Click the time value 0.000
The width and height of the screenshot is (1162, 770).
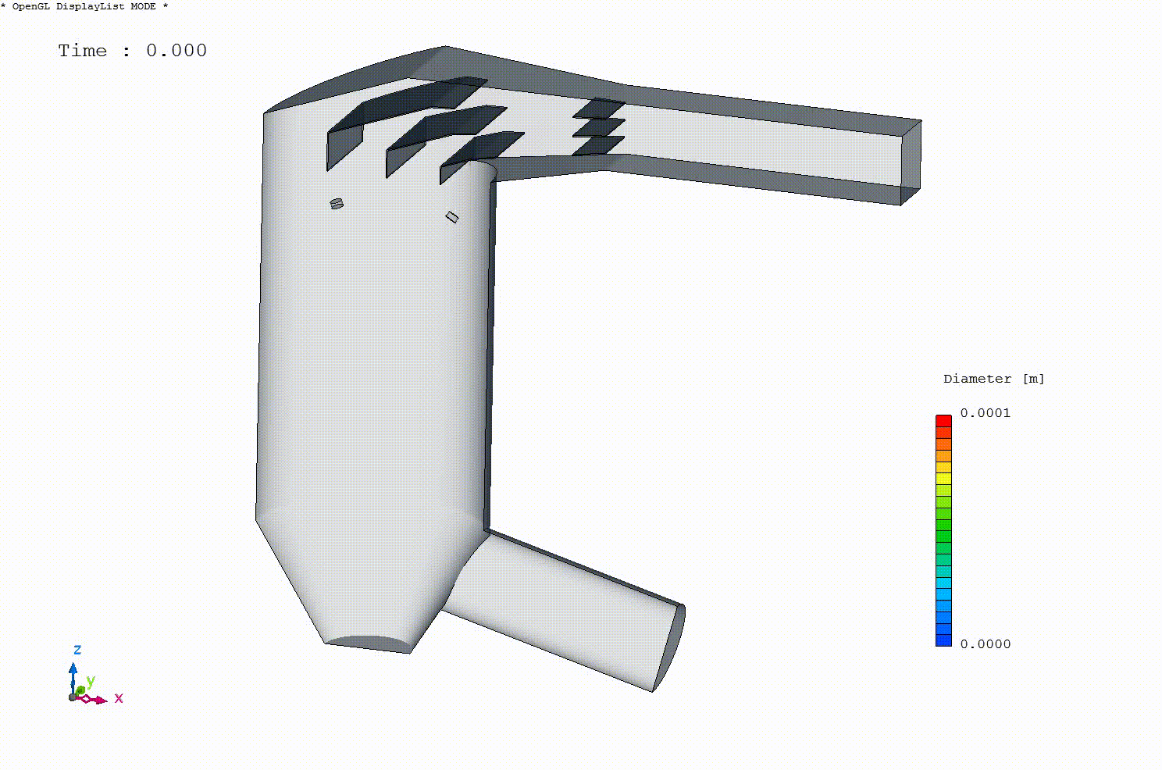(176, 51)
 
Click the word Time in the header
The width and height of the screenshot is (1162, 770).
(82, 51)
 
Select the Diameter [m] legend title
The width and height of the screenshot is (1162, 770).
(993, 379)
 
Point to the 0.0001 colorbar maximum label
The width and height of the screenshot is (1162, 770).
(985, 413)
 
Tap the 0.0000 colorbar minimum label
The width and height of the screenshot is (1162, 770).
(985, 644)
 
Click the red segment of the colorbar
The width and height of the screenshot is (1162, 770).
(943, 421)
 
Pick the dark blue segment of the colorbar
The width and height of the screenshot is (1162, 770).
(943, 640)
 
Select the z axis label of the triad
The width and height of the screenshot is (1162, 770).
(77, 650)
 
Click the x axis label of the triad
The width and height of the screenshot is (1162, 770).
(119, 698)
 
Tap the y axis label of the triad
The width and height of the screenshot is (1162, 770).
(91, 681)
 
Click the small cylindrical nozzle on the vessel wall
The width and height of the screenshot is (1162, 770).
(337, 204)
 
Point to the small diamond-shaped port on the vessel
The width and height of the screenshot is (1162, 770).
(451, 217)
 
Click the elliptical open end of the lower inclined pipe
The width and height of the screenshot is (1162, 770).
(669, 649)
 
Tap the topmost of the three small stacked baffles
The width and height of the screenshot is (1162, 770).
(599, 108)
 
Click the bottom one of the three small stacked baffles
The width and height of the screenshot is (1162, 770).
(598, 145)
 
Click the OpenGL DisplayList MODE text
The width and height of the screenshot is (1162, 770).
(84, 6)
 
